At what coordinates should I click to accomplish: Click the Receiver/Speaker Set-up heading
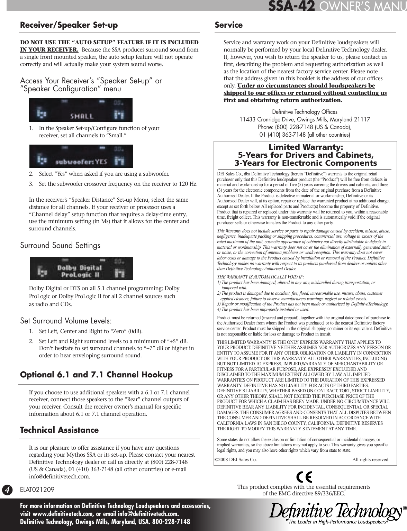coord(69,25)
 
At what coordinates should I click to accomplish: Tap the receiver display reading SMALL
coord(81,110)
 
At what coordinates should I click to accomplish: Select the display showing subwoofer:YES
coord(81,156)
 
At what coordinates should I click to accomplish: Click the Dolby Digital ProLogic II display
coord(81,269)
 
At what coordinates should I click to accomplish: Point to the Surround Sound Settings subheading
coord(60,246)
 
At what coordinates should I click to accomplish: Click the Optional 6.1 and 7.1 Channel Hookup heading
coord(96,375)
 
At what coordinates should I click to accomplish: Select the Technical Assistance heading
coord(59,430)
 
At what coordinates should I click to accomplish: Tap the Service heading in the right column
coord(228,25)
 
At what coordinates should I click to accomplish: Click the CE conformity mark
coord(304,477)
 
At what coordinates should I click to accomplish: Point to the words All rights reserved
coord(370,460)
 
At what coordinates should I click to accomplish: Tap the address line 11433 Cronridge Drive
coord(305,120)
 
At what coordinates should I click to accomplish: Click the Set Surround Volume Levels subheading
coord(66,321)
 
